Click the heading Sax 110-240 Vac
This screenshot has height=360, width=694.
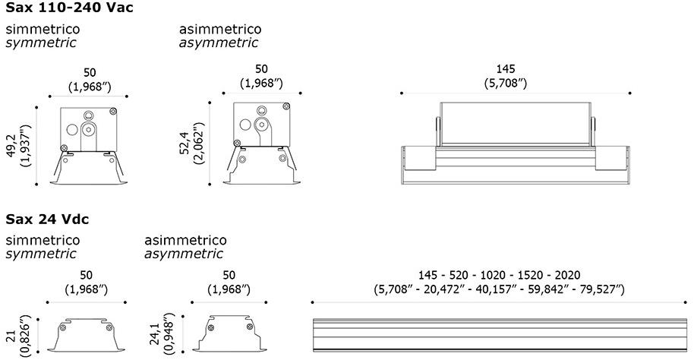pos(69,8)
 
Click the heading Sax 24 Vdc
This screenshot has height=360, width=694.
pos(47,219)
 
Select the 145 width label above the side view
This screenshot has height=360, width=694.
pos(506,68)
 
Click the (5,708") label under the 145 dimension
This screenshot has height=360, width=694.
pos(506,84)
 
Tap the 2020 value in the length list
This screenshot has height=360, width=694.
pos(567,276)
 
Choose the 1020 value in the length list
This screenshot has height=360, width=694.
pos(493,276)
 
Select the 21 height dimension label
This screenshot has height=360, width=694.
pos(11,336)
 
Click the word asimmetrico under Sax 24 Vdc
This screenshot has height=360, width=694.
pos(185,240)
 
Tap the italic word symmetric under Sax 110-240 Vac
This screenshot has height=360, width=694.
pos(41,43)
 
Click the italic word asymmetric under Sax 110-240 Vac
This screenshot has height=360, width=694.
pos(219,43)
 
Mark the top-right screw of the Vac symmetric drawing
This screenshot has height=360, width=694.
pos(113,111)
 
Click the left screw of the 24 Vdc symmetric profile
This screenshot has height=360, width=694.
pos(63,327)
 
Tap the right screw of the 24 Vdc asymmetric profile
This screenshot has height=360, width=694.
pos(250,327)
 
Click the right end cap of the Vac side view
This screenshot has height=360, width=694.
pos(613,158)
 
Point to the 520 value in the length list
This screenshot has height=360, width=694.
pos(459,276)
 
